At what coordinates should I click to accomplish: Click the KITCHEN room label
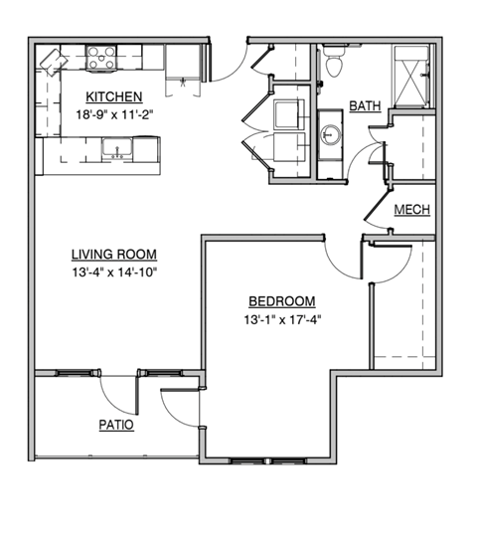tap(113, 96)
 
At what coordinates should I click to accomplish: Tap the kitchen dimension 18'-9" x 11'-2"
tap(113, 113)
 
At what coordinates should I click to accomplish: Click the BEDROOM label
tap(282, 301)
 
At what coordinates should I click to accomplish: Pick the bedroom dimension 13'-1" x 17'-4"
tap(282, 318)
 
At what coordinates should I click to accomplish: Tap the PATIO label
tap(116, 424)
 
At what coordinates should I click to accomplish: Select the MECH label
tap(410, 210)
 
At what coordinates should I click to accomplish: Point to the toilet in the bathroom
tap(335, 63)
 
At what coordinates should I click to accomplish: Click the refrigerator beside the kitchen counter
tap(181, 65)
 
